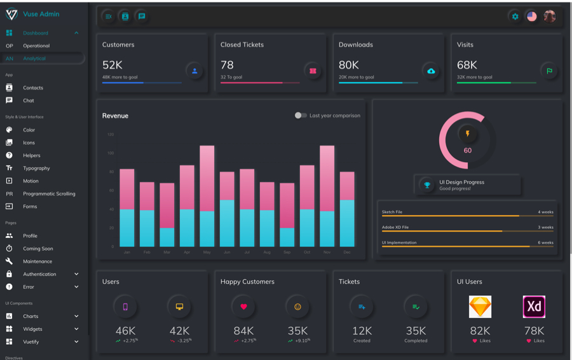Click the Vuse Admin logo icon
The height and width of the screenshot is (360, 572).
[11, 14]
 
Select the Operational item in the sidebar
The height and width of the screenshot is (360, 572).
[36, 46]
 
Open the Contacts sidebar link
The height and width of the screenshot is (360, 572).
[33, 88]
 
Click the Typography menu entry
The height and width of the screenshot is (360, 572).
[36, 168]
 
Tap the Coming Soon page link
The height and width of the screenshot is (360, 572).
[38, 249]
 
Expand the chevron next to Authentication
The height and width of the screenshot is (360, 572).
[76, 274]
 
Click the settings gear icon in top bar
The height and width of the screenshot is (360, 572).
[515, 17]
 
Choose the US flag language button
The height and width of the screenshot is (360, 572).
[532, 17]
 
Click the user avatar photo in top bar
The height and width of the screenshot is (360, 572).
[550, 17]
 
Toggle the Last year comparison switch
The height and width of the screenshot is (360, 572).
[300, 116]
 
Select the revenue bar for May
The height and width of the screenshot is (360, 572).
[207, 196]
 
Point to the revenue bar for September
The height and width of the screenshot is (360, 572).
[287, 214]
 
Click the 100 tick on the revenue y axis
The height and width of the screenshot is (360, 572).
[111, 153]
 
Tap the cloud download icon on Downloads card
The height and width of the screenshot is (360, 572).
[431, 71]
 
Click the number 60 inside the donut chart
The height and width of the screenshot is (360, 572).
[468, 151]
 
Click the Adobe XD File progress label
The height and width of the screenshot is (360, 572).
[395, 227]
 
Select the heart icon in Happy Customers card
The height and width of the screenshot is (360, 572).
[243, 307]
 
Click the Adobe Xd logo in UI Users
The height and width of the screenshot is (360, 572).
[534, 307]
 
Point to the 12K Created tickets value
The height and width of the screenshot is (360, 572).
[362, 331]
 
